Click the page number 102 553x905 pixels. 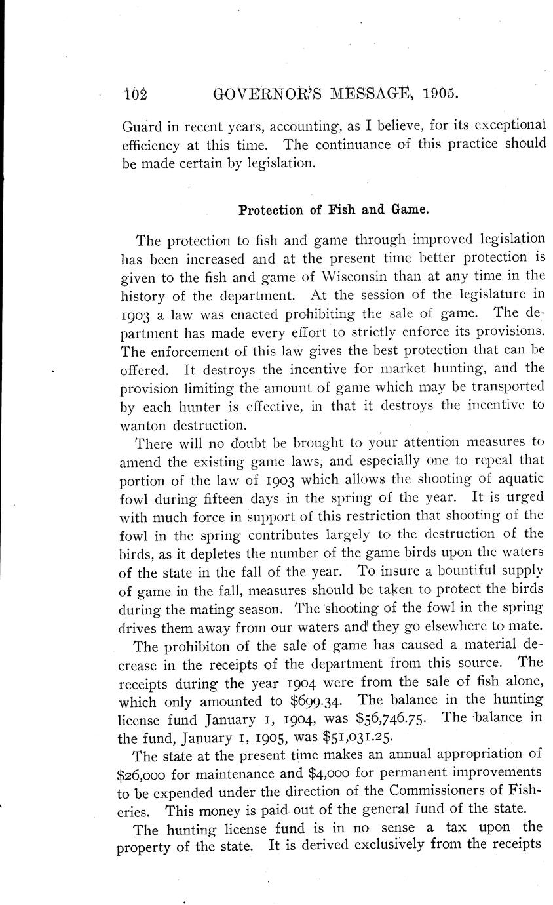(136, 94)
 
